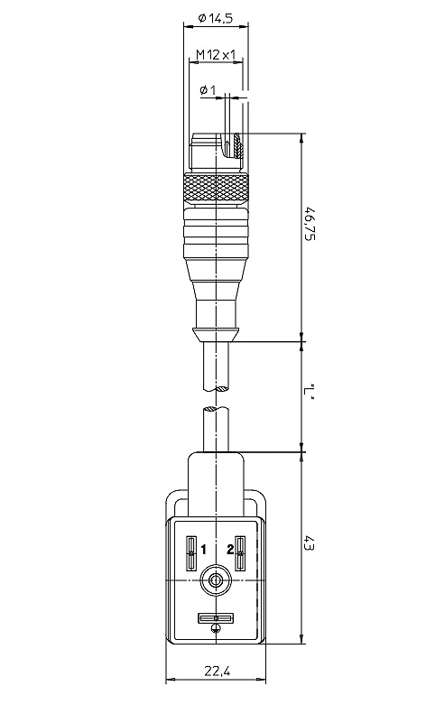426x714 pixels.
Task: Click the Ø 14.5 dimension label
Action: (x=216, y=18)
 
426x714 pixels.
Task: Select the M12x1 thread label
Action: (x=216, y=55)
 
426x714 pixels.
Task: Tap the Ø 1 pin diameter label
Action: (x=208, y=90)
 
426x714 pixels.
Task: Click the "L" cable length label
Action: (x=310, y=390)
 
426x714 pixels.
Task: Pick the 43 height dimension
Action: (x=310, y=543)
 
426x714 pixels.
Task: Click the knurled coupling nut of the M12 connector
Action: (x=217, y=188)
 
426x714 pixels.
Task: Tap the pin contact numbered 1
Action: (x=191, y=553)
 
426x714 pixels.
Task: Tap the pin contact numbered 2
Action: (x=240, y=553)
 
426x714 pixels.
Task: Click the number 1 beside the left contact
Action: (x=203, y=550)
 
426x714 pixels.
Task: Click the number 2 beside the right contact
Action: (x=230, y=550)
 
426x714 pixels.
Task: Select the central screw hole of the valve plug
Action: (x=216, y=580)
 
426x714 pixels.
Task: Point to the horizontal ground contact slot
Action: (x=216, y=618)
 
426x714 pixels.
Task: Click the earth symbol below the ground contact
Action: (x=216, y=629)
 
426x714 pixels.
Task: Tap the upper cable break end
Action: (x=216, y=389)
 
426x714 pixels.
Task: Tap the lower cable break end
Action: (x=216, y=410)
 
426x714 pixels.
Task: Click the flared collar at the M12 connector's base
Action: (x=216, y=334)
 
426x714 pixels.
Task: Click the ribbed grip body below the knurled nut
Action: (x=217, y=230)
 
